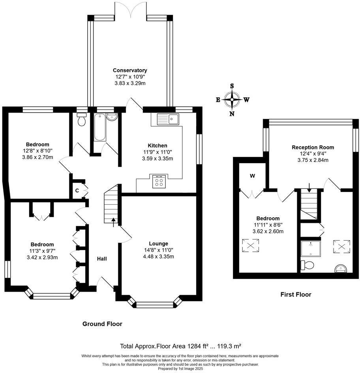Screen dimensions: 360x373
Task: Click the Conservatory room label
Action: click(130, 70)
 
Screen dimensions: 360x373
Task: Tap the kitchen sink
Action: click(168, 119)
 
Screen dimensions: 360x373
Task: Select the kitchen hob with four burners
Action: click(159, 181)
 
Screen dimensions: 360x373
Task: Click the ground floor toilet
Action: click(81, 120)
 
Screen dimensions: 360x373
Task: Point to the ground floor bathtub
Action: click(100, 128)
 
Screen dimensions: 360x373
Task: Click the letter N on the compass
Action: click(232, 114)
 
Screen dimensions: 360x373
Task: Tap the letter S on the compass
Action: click(232, 86)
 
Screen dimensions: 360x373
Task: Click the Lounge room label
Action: click(159, 243)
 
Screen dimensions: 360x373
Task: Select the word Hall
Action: click(102, 259)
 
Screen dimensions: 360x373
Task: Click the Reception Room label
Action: click(313, 147)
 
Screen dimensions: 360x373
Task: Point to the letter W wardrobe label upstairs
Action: click(252, 176)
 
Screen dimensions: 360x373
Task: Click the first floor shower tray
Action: click(310, 249)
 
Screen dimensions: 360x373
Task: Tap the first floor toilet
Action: click(307, 265)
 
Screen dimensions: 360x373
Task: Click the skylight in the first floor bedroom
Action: click(250, 245)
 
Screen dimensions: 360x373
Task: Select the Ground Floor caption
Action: click(102, 324)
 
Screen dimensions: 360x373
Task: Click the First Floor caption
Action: click(296, 294)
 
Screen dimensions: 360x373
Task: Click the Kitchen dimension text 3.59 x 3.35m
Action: click(157, 158)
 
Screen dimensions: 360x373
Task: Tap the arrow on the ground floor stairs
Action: click(113, 222)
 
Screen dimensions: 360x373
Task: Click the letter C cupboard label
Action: click(77, 190)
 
